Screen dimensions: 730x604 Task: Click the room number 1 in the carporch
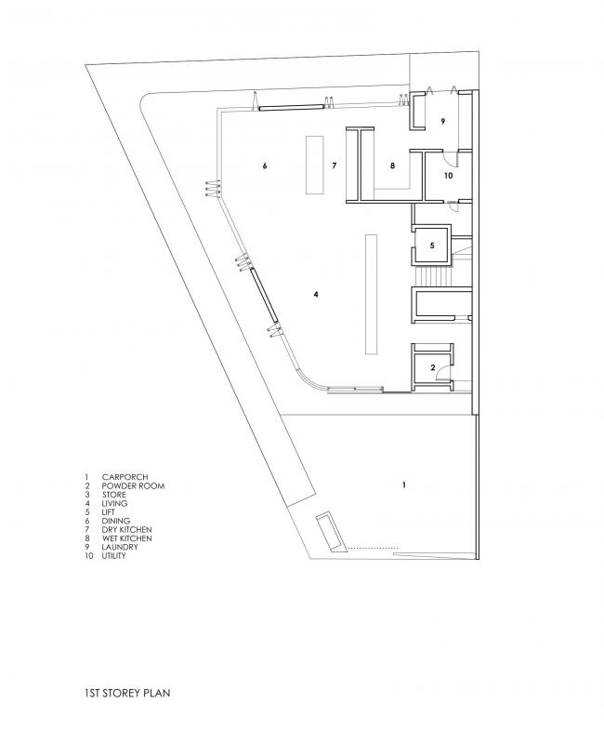[x=404, y=485]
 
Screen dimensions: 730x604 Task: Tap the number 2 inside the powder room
[x=432, y=368]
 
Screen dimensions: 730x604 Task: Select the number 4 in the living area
[x=316, y=294]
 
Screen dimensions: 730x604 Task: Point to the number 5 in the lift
[x=432, y=246]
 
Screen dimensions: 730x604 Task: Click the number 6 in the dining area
[x=265, y=166]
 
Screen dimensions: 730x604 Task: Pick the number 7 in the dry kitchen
[x=333, y=166]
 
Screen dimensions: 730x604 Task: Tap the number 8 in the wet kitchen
[x=392, y=166]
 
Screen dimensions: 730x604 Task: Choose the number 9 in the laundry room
[x=443, y=122]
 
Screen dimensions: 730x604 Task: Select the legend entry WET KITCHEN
[x=127, y=538]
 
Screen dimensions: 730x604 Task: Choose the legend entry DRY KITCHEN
[x=126, y=529]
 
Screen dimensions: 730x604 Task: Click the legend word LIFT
[x=109, y=512]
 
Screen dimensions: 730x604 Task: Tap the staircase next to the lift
[x=432, y=277]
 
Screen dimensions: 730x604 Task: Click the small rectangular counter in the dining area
[x=314, y=165]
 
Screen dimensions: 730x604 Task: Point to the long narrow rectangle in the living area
[x=371, y=294]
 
